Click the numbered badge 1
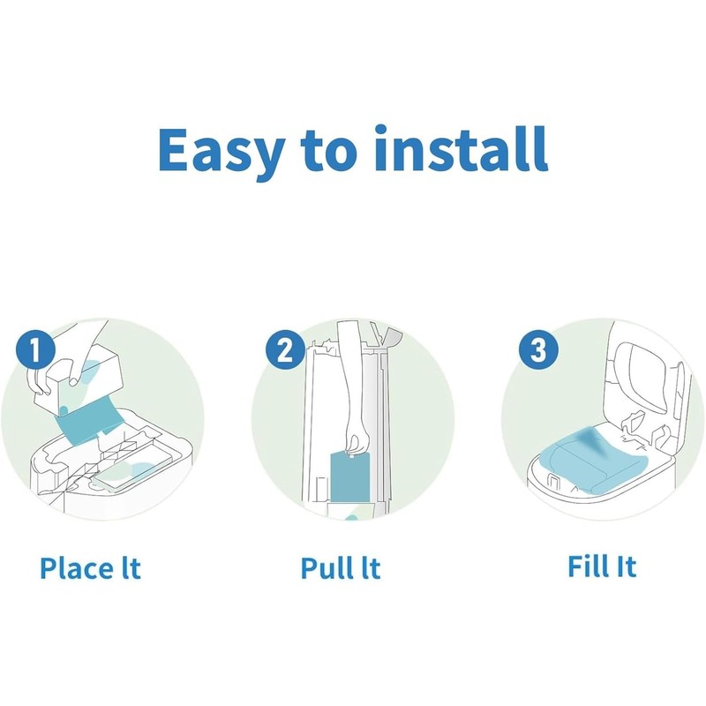35,349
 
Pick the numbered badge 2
284,349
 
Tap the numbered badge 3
538,349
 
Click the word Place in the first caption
79,567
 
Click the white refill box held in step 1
79,379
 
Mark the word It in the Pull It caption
371,567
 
